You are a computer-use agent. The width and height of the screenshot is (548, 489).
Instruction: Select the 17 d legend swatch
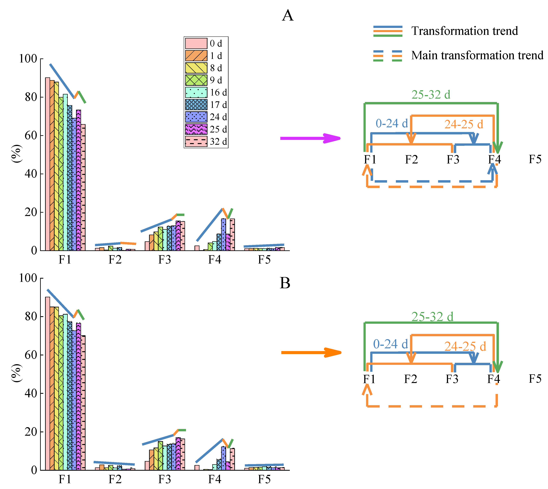click(x=196, y=105)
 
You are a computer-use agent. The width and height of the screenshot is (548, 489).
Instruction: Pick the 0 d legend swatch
click(x=196, y=43)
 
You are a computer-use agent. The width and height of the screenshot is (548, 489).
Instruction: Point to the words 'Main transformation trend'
click(x=477, y=55)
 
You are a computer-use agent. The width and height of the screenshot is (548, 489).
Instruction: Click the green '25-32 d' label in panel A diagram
click(x=431, y=95)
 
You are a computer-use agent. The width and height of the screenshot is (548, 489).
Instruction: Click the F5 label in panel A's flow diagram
click(x=535, y=159)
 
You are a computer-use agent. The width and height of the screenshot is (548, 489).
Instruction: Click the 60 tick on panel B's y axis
click(x=31, y=355)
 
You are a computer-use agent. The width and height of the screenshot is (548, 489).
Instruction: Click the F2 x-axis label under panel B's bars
click(x=115, y=479)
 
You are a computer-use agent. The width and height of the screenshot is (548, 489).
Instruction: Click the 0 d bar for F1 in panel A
click(x=47, y=164)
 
